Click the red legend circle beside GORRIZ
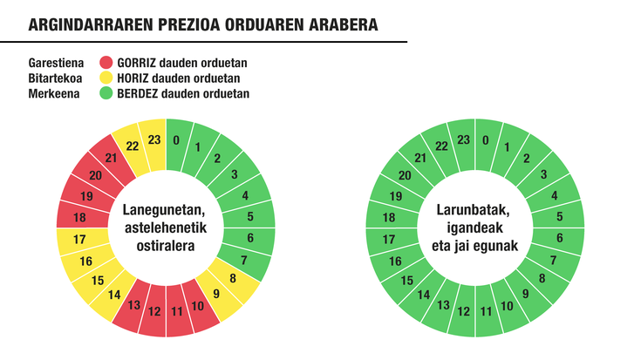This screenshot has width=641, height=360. click(x=107, y=63)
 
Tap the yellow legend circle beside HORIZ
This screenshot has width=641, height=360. click(x=107, y=78)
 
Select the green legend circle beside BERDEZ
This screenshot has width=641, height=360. click(x=107, y=94)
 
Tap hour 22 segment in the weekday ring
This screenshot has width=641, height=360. click(x=133, y=146)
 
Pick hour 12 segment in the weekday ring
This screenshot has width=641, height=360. click(x=154, y=311)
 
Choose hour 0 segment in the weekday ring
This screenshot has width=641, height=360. click(x=178, y=140)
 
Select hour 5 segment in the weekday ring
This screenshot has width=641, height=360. click(x=250, y=217)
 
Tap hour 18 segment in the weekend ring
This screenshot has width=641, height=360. click(x=389, y=218)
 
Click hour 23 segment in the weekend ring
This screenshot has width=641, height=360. click(x=464, y=140)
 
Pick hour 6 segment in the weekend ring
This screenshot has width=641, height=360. click(x=558, y=238)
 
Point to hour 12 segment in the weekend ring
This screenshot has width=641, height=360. click(x=464, y=311)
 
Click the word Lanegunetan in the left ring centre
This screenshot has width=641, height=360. click(x=164, y=211)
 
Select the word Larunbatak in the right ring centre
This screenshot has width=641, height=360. click(x=478, y=211)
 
